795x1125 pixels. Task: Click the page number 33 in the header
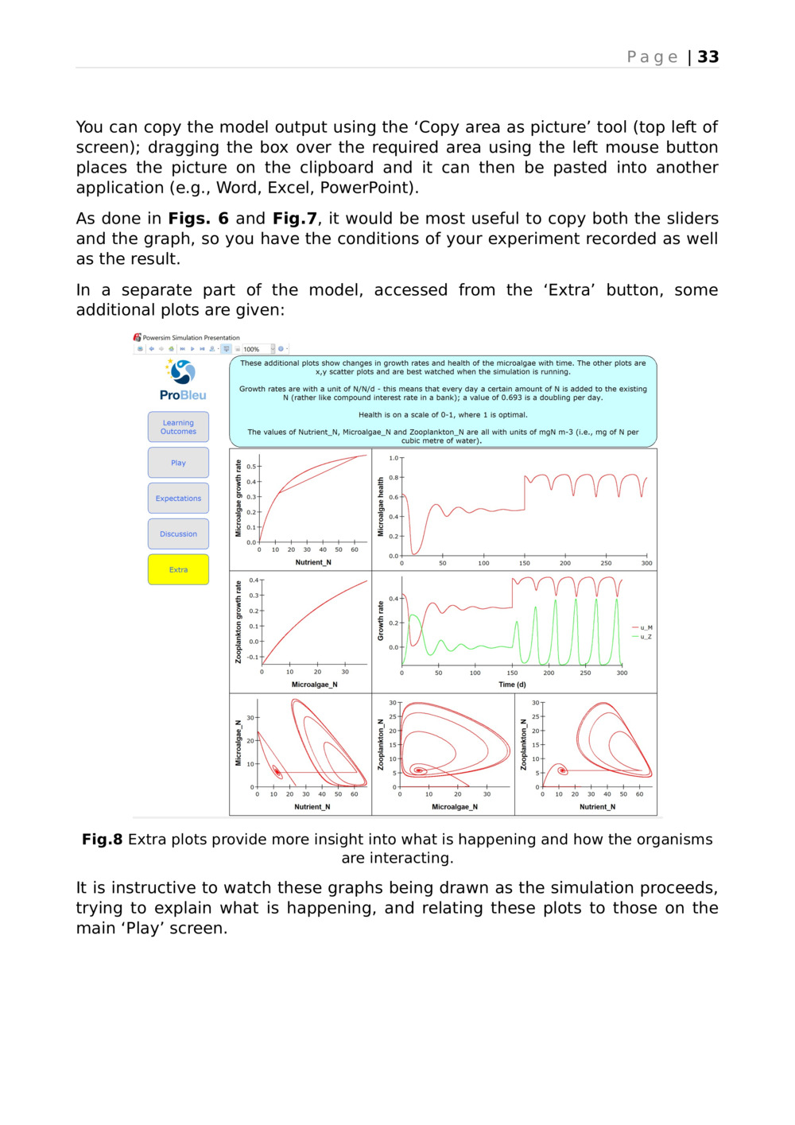point(708,57)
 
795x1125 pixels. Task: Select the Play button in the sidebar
point(178,463)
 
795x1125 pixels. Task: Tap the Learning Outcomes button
point(178,427)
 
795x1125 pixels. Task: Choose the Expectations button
point(178,498)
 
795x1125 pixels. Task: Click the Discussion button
point(178,534)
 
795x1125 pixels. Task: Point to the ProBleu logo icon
point(182,372)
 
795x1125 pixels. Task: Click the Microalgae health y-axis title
point(381,506)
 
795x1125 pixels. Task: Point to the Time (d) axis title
point(512,685)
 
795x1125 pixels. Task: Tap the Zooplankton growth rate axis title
point(238,622)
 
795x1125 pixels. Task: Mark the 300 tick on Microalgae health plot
point(646,563)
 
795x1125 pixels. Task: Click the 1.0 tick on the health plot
point(394,458)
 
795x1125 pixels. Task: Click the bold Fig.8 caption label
point(102,840)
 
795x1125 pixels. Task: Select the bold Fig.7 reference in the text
point(294,219)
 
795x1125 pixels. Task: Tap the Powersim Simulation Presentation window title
point(191,338)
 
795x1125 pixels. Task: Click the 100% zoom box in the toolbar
point(254,349)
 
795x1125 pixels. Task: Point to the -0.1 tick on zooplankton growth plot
point(252,657)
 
